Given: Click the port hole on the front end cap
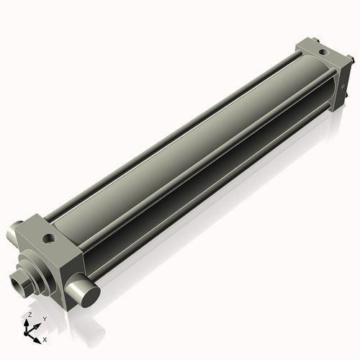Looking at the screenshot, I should pos(48,238).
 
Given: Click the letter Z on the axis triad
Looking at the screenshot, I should pos(30,315).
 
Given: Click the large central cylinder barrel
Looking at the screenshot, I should pos(187,144).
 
